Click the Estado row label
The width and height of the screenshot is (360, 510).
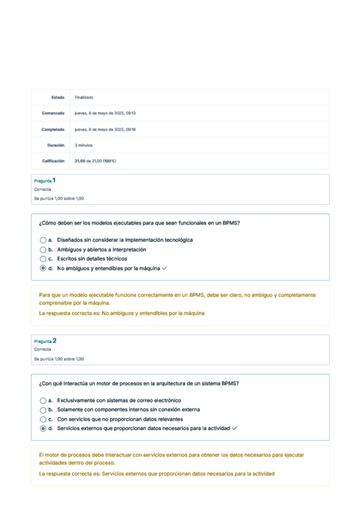click(58, 97)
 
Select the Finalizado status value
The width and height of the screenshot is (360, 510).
click(84, 97)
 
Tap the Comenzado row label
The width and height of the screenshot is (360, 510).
click(53, 113)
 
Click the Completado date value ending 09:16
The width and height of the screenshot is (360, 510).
click(105, 129)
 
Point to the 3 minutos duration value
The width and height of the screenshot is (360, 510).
click(84, 145)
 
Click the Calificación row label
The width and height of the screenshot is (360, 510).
click(53, 161)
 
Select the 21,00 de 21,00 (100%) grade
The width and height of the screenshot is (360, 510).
click(95, 161)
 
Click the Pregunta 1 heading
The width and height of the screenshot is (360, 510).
click(45, 180)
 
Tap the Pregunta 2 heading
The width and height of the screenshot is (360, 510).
click(45, 341)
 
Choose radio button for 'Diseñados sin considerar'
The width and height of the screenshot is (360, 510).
click(43, 240)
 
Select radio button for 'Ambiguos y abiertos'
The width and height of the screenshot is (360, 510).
click(43, 250)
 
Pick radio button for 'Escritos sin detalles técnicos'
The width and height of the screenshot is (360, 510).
click(43, 259)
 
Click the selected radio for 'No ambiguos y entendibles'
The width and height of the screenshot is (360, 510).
click(43, 268)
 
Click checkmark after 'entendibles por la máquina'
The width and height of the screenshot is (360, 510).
click(164, 268)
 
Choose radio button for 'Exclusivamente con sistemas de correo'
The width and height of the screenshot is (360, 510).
click(43, 400)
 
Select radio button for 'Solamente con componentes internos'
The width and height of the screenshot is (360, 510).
click(43, 410)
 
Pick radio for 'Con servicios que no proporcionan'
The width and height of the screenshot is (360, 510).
click(43, 419)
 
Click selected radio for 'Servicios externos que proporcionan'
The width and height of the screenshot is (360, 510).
click(43, 428)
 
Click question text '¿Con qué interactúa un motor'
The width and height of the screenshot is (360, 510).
click(142, 383)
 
